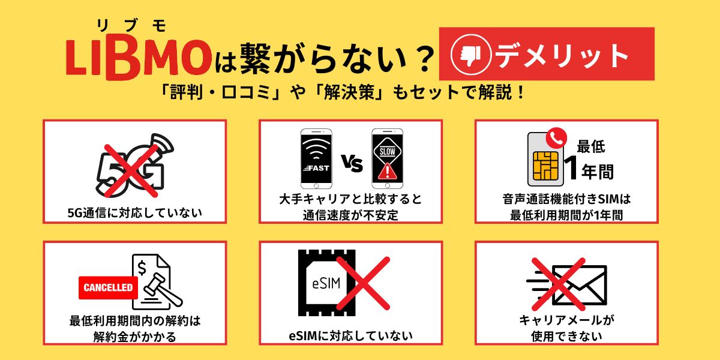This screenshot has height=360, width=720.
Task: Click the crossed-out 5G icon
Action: [x=134, y=167]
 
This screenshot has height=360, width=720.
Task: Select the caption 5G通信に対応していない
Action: [x=134, y=212]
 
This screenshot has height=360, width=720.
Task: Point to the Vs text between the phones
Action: [x=352, y=163]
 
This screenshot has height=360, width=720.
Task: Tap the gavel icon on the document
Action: [x=165, y=291]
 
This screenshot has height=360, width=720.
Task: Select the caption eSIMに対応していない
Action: [x=351, y=335]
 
